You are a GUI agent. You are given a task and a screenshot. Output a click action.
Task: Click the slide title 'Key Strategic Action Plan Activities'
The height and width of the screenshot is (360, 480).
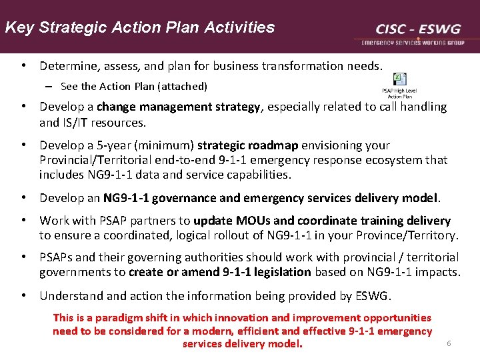[x=139, y=27]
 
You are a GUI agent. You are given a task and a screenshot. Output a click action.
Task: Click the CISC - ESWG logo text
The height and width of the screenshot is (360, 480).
[x=418, y=29]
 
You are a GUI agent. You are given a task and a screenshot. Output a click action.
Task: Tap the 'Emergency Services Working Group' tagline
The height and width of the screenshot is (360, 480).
[x=413, y=42]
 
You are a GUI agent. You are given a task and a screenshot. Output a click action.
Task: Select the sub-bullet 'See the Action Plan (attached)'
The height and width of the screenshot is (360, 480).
[x=133, y=86]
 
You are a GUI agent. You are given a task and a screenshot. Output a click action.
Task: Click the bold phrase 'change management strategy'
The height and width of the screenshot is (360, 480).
[x=179, y=107]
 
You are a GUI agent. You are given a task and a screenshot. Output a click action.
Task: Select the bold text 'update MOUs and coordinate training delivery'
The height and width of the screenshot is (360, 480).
[x=322, y=221]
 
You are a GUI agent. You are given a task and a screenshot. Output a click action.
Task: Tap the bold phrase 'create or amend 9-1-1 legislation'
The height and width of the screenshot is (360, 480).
[x=220, y=272]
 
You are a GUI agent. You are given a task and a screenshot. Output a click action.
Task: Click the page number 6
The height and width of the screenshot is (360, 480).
[x=449, y=343]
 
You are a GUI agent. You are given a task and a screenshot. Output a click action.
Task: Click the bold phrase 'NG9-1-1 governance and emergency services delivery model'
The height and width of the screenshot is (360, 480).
[x=271, y=198]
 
